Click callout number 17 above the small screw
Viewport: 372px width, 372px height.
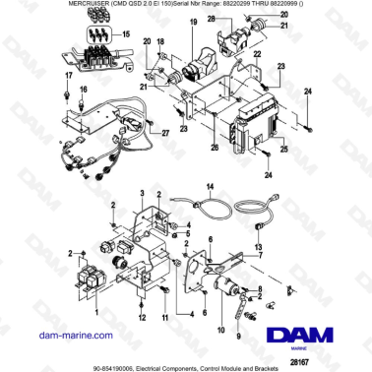coord(68,75)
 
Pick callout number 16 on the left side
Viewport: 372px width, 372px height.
coord(83,90)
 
